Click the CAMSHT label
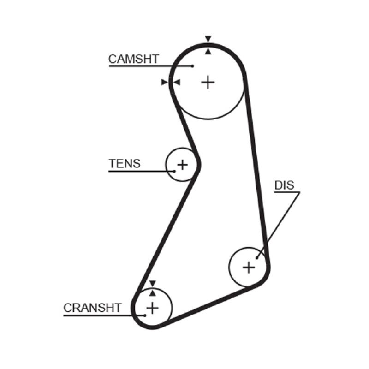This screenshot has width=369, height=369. (133, 59)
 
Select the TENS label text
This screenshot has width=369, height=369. (125, 163)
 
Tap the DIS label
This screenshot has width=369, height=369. (284, 185)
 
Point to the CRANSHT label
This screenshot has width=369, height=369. (92, 308)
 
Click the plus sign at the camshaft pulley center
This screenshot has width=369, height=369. (208, 82)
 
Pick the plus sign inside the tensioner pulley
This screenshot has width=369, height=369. (183, 164)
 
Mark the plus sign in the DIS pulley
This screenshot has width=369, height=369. (249, 267)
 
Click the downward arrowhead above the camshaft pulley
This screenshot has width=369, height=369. (208, 39)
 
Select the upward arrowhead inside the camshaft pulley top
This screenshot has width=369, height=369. (208, 51)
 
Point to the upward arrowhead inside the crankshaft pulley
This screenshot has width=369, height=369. (153, 292)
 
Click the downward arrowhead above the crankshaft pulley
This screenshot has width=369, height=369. (153, 283)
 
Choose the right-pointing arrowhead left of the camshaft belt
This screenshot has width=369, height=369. (164, 82)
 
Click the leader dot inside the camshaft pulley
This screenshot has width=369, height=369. (192, 66)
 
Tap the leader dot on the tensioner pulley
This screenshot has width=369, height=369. (175, 171)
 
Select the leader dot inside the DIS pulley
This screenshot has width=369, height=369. (256, 258)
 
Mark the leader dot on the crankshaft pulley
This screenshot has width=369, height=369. (144, 315)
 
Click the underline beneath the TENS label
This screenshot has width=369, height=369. (138, 172)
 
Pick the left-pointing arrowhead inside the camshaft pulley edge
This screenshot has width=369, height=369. (177, 82)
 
